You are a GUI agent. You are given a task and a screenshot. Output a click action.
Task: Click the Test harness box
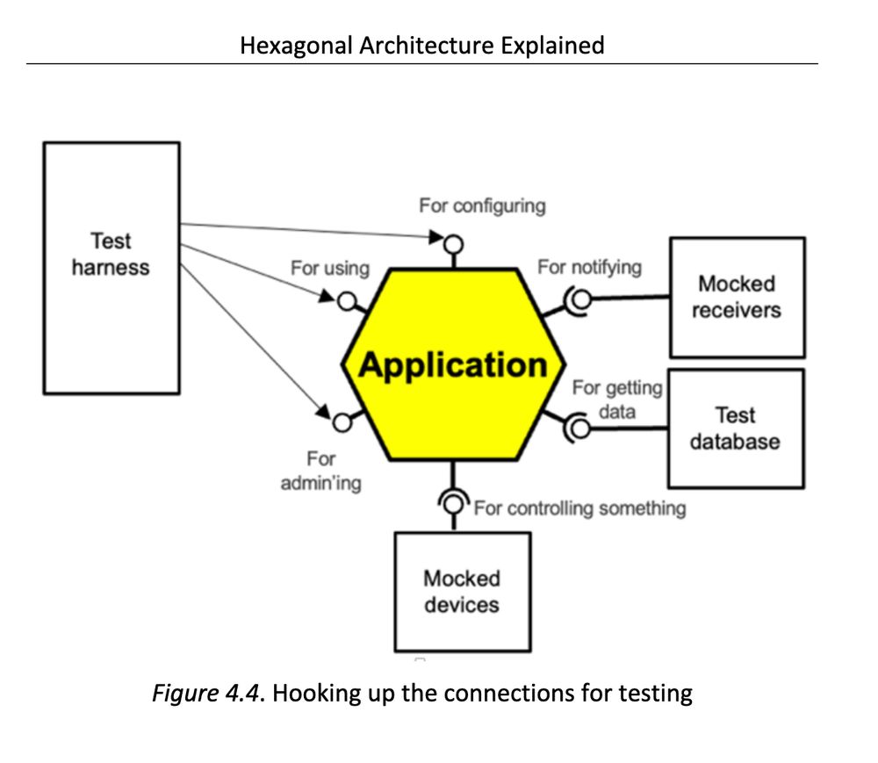[112, 267]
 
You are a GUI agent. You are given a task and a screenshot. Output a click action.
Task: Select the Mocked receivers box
[737, 297]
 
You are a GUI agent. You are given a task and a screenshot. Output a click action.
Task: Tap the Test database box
[735, 428]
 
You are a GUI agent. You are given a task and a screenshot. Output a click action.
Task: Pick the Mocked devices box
[462, 591]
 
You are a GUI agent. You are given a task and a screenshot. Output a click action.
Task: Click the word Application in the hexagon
[453, 364]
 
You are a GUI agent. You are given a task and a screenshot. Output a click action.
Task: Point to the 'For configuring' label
[482, 205]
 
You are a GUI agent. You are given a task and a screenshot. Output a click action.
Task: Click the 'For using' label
[330, 268]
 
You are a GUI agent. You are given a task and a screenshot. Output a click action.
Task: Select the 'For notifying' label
[589, 266]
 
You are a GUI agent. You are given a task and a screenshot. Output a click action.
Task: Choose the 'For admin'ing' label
[320, 471]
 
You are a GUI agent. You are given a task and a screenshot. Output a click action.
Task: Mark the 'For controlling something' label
[579, 507]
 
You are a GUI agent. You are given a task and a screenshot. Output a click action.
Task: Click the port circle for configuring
[453, 243]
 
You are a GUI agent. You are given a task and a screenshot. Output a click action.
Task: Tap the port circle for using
[348, 303]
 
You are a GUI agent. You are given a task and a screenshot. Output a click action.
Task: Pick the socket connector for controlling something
[453, 503]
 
